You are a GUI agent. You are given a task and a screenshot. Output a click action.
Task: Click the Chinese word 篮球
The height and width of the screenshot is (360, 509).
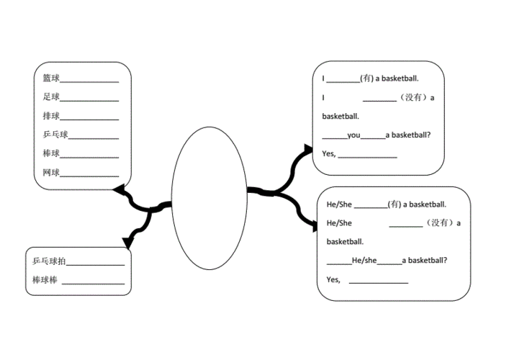tap(51, 78)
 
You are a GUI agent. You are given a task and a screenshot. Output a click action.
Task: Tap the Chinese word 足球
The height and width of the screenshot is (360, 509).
tap(51, 96)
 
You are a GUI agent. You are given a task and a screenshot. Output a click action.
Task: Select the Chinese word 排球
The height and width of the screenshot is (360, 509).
tap(51, 116)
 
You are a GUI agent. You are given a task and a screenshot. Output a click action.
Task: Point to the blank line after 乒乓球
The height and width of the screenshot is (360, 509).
tap(94, 139)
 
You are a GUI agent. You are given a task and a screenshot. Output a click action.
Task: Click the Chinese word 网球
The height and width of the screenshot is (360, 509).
tap(51, 172)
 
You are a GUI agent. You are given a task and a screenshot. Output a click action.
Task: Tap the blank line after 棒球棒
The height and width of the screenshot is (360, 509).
tap(93, 284)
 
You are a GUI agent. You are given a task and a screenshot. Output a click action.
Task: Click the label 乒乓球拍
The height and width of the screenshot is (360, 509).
tap(49, 261)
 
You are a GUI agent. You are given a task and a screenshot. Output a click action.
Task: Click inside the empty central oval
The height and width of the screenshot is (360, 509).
tap(210, 198)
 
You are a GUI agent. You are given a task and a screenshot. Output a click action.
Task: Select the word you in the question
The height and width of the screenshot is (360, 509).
tap(353, 135)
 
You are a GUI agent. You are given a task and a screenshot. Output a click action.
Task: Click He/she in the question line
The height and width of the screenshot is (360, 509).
tap(364, 261)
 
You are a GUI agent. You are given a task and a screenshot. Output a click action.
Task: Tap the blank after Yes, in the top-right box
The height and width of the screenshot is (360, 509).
tap(367, 158)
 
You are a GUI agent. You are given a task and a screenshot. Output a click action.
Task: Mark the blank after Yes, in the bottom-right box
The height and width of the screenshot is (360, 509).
tap(379, 283)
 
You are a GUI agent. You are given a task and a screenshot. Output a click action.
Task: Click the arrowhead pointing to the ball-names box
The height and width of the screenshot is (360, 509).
tap(119, 189)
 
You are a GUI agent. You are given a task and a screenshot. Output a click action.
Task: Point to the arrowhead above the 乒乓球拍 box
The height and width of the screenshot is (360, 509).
tap(128, 243)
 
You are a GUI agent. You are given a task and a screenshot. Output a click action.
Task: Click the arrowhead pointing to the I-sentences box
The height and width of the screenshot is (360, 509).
tap(307, 149)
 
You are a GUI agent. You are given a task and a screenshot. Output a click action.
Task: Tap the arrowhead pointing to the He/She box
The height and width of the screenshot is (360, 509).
tap(315, 226)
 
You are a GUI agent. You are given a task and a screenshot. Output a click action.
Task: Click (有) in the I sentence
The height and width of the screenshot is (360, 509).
tap(367, 78)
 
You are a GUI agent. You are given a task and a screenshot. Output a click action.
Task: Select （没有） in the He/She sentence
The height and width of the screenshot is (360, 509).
tap(439, 222)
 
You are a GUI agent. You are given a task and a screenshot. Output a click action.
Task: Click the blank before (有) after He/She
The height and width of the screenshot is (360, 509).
tap(371, 207)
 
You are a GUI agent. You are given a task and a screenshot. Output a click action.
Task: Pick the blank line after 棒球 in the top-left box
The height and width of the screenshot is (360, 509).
tap(89, 158)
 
